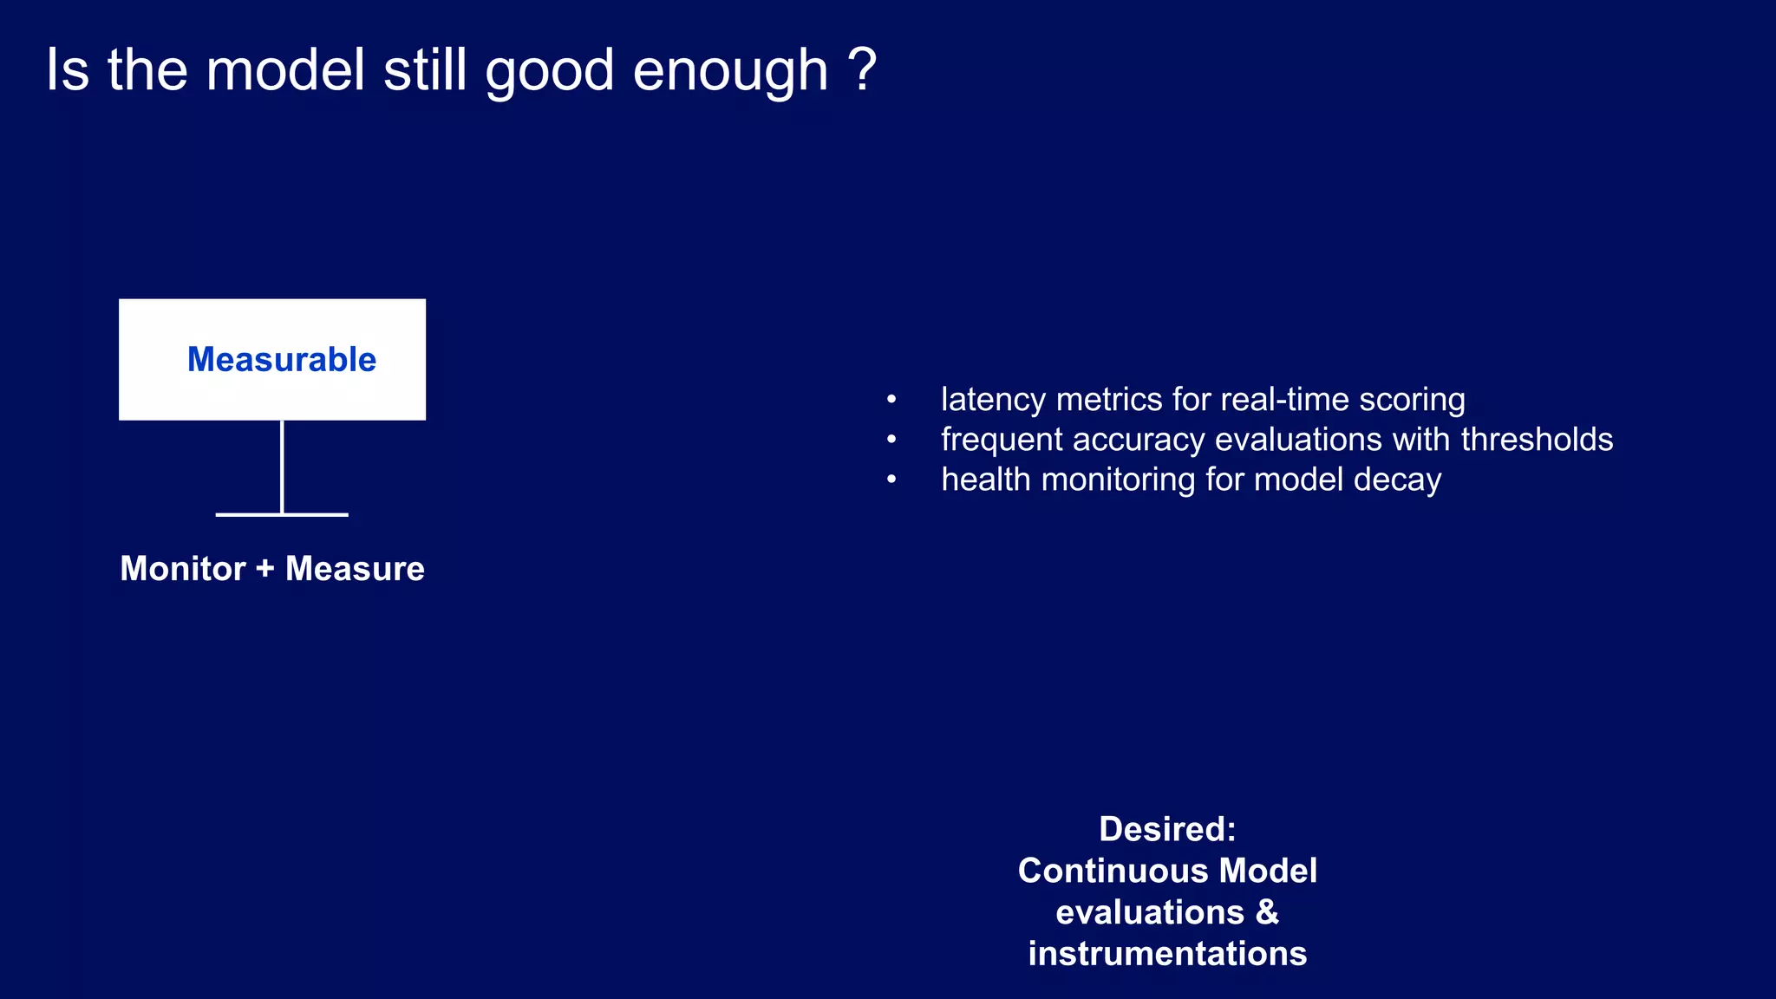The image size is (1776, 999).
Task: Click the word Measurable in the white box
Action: [282, 360]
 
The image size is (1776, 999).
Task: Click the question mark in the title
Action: [862, 69]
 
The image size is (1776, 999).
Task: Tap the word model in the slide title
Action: [285, 69]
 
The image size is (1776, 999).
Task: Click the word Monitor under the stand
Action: [183, 569]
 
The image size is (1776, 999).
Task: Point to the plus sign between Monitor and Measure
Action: [265, 569]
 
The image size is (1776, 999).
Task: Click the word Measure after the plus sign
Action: [355, 569]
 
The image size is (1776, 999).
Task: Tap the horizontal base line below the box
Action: [282, 515]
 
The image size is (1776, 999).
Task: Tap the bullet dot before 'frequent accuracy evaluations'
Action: [891, 441]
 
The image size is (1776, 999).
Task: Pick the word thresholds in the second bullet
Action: [1537, 440]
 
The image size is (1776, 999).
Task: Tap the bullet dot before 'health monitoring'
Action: [891, 480]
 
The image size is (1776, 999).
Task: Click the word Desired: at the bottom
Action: [1167, 829]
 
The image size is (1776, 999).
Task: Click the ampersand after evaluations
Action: [1267, 912]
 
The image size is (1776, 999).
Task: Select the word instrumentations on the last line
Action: [1167, 954]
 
